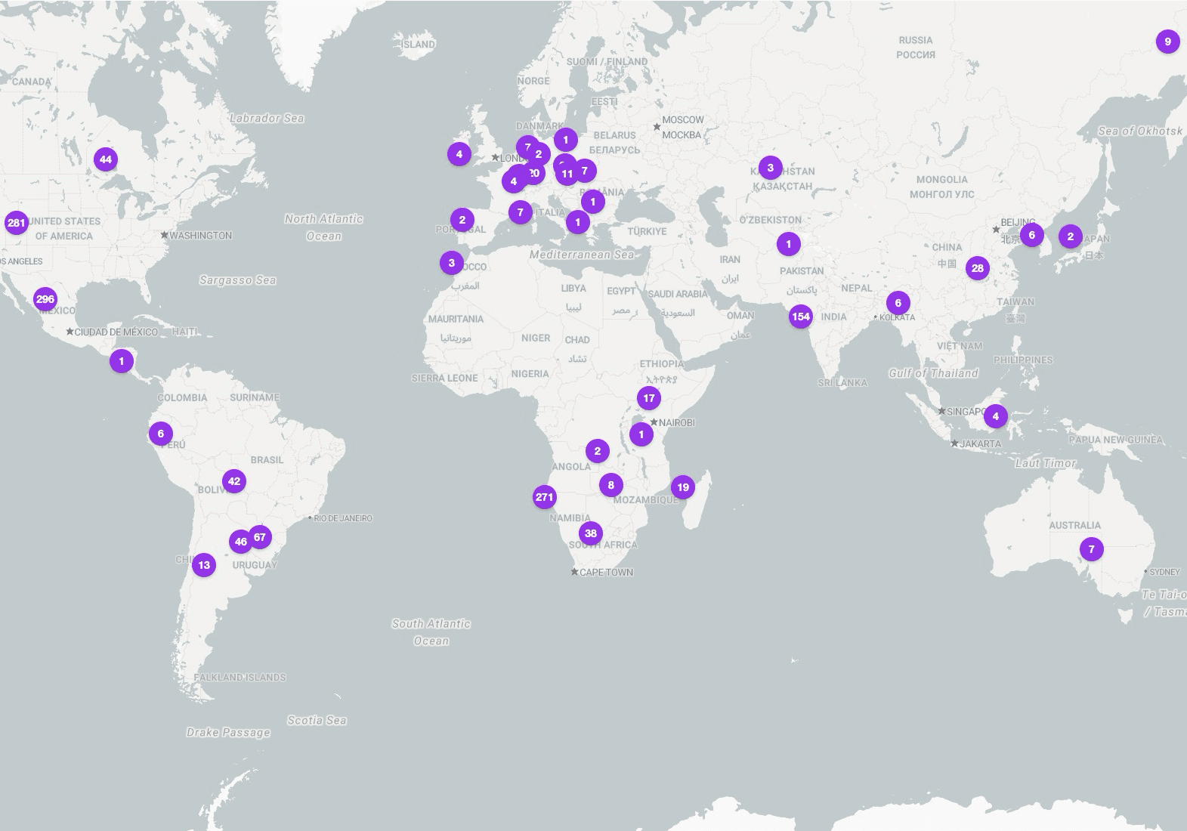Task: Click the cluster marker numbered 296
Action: (45, 299)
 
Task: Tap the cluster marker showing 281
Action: (16, 223)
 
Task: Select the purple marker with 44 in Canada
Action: (106, 159)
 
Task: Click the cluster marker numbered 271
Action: (545, 497)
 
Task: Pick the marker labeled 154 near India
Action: (801, 317)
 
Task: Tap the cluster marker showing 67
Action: (260, 537)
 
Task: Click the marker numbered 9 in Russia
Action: (1167, 42)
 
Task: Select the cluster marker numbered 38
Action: (591, 533)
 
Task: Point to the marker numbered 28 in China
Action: (978, 268)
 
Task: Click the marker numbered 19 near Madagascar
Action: (683, 487)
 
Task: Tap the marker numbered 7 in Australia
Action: (1091, 549)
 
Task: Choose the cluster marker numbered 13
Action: (204, 564)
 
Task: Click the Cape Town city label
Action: (607, 572)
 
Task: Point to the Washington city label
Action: (200, 236)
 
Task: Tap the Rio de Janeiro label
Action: (343, 518)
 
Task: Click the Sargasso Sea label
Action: (238, 280)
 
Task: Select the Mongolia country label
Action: (941, 180)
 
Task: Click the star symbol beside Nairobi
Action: (654, 422)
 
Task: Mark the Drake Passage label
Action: (228, 732)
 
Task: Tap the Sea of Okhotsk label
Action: (1140, 131)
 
